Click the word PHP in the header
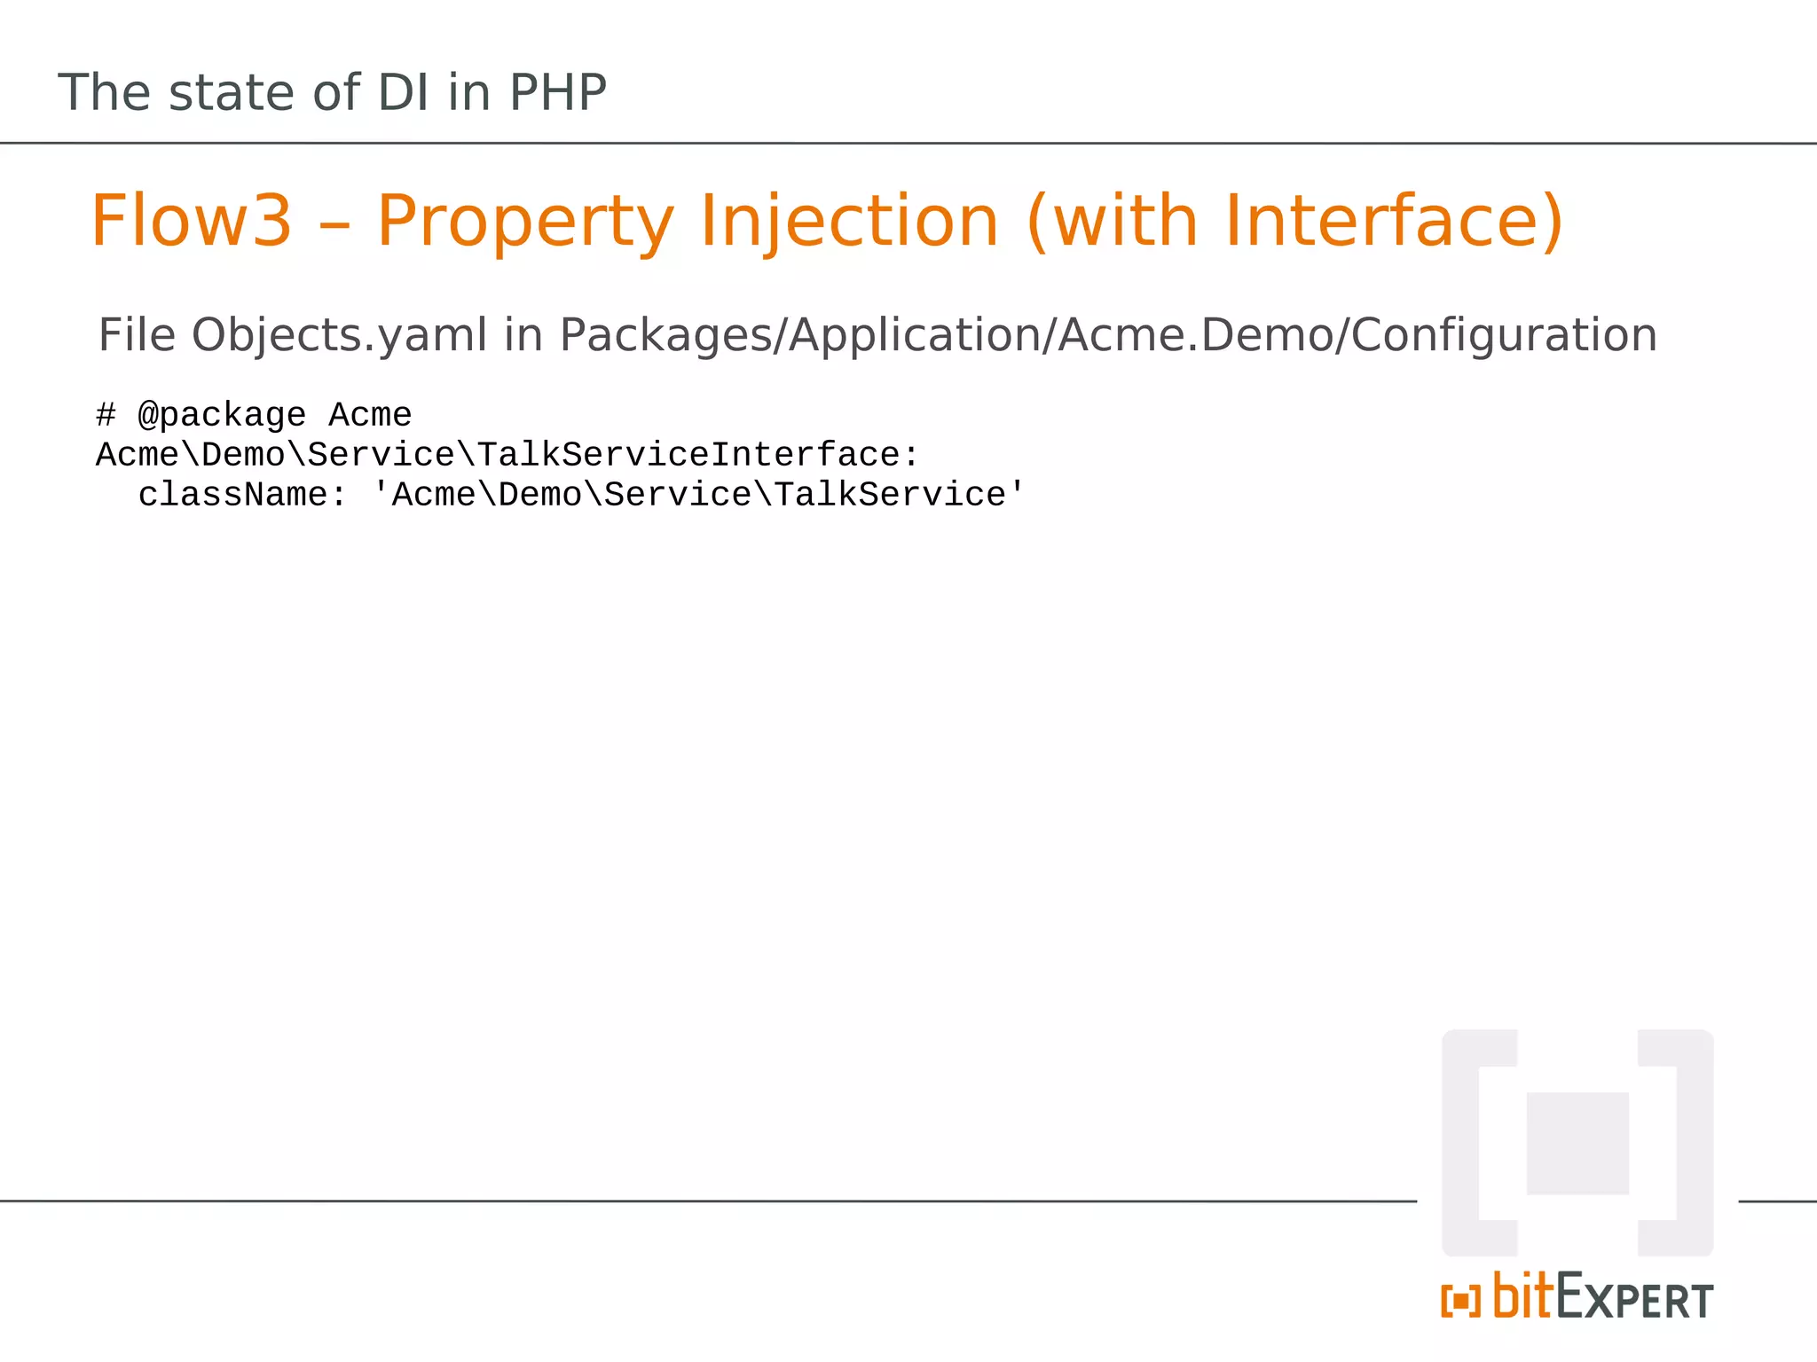(557, 92)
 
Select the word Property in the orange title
(525, 222)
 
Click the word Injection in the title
(849, 222)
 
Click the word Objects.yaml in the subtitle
(339, 336)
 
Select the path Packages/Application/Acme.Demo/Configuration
(1107, 336)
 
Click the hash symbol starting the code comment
(106, 414)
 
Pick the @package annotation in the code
(222, 415)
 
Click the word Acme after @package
(370, 414)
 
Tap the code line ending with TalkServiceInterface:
(507, 454)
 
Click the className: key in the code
(241, 494)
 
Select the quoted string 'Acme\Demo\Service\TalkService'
(698, 494)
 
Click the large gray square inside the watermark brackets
(1577, 1143)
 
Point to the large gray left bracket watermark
(1473, 1143)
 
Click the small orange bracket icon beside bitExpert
(1460, 1302)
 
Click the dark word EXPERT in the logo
(1634, 1298)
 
